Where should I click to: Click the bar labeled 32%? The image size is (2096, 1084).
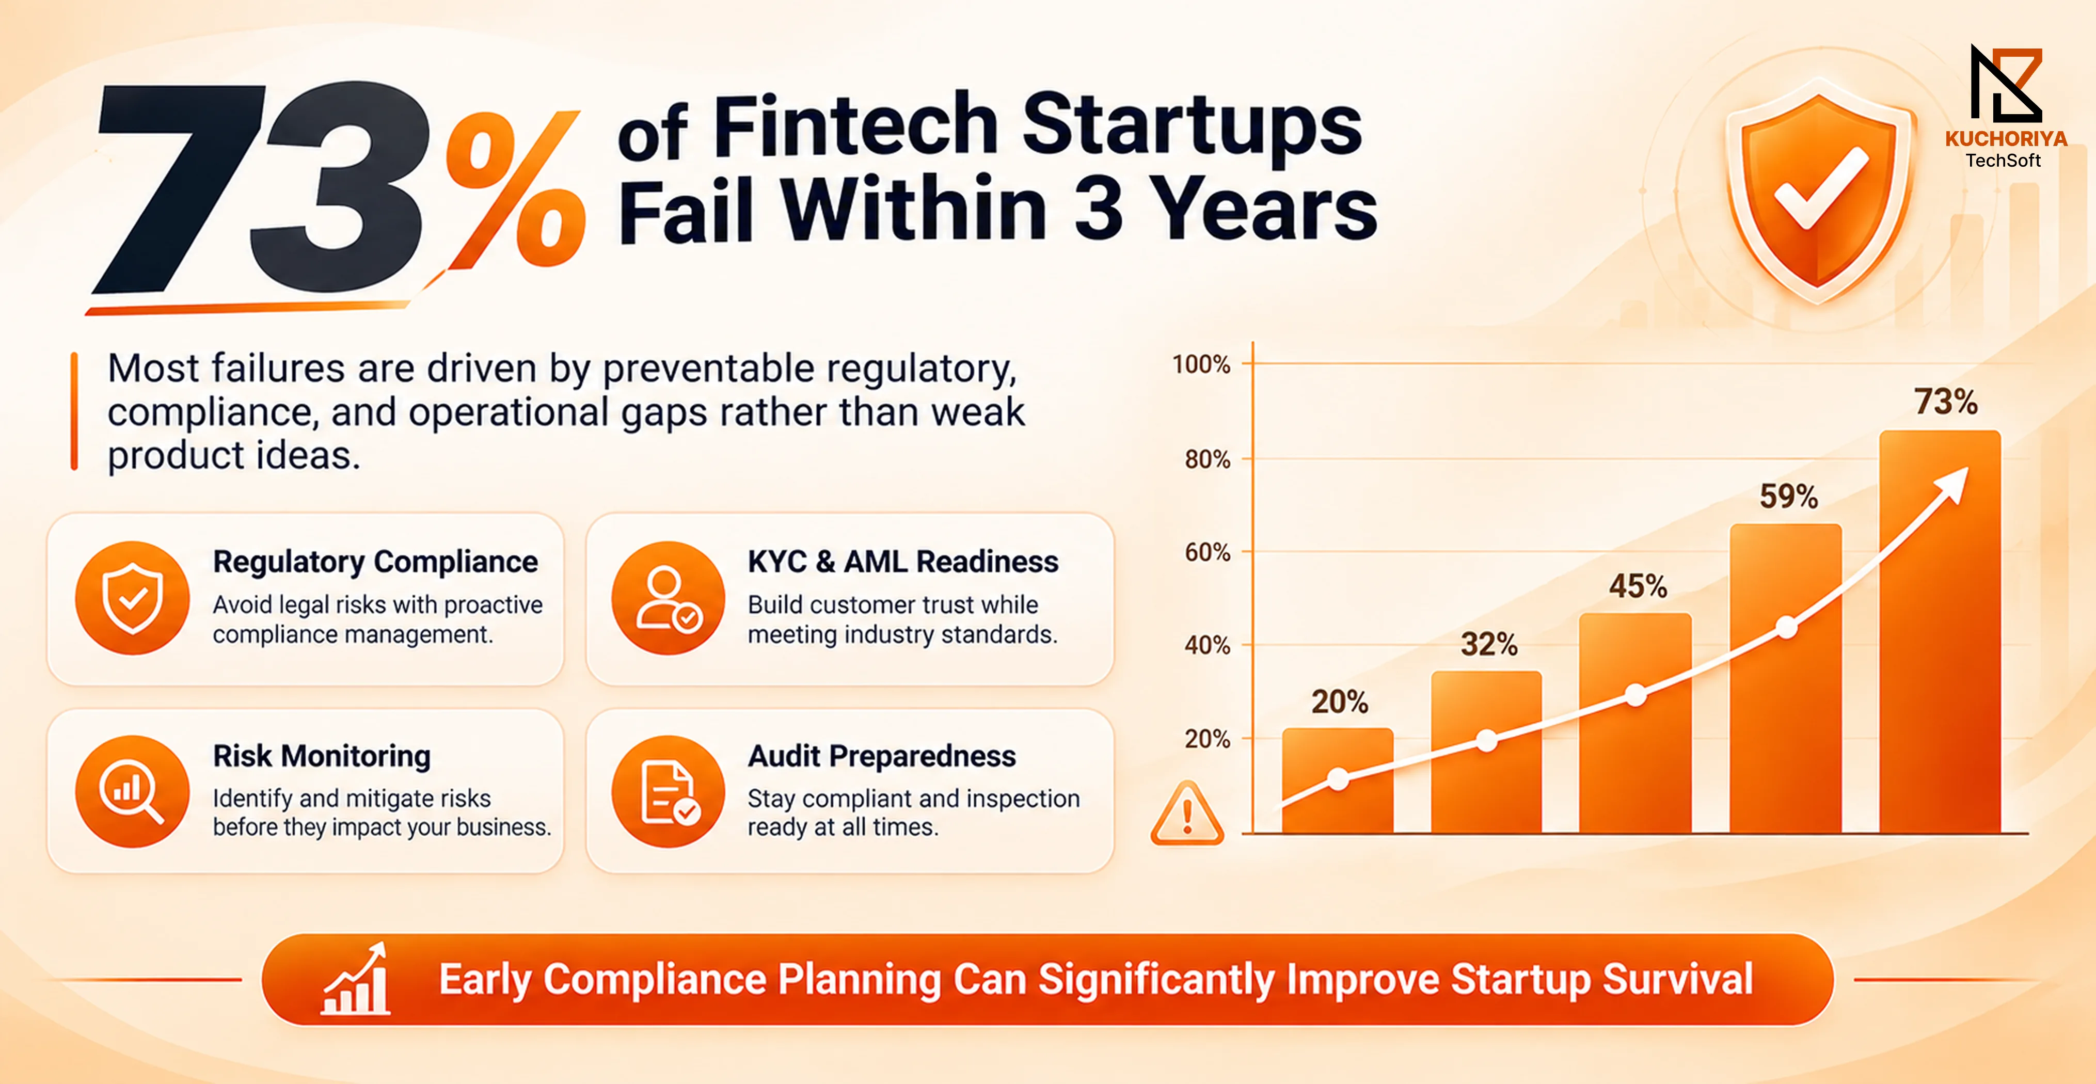tap(1486, 752)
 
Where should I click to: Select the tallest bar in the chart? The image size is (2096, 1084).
tap(1940, 631)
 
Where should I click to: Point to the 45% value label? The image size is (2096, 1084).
tap(1637, 586)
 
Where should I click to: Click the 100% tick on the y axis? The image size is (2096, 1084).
tap(1201, 364)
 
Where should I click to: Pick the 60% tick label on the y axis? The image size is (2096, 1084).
tap(1208, 552)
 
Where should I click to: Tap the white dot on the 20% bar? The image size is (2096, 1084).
tap(1338, 779)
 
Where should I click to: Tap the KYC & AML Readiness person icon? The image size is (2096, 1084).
tap(668, 598)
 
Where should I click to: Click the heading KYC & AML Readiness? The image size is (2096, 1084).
tap(903, 562)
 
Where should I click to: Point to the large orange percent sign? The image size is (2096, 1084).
tap(515, 189)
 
